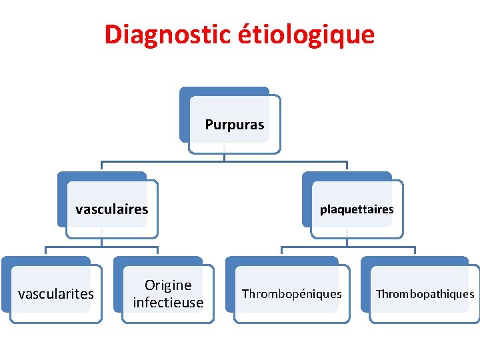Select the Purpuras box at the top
tap(235, 133)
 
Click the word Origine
tap(168, 285)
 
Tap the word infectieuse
tap(168, 303)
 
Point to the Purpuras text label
tap(235, 125)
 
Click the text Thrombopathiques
tap(425, 294)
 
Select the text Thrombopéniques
tap(291, 294)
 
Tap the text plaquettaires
tap(357, 209)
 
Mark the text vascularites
tap(56, 294)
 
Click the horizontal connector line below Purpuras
tap(167, 161)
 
